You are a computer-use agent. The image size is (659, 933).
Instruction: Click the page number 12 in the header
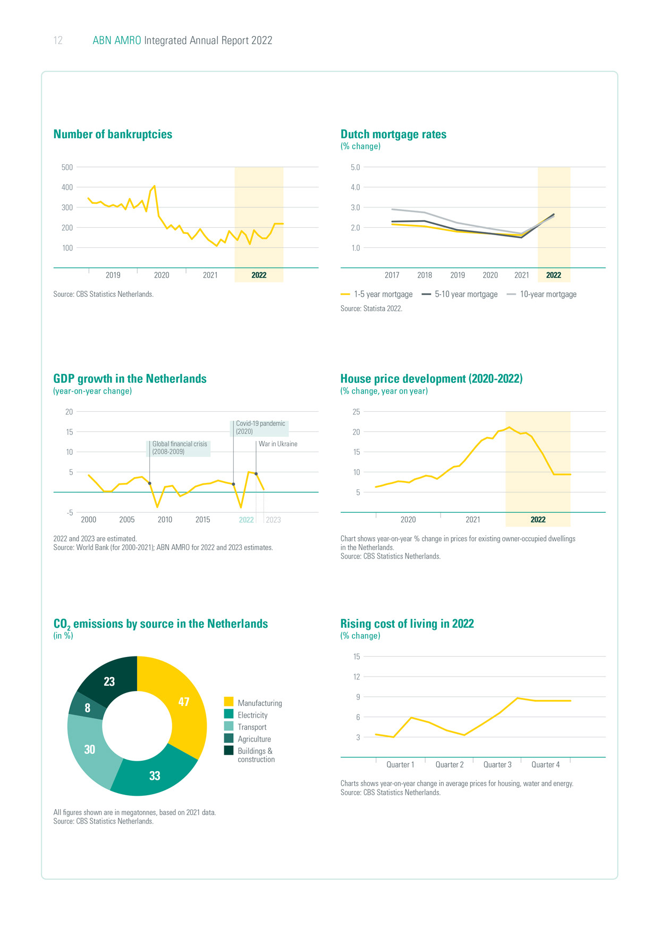click(x=58, y=40)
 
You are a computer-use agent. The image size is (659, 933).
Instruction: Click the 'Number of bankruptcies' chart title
click(x=113, y=135)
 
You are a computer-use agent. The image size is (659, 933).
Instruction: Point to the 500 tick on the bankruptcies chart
click(x=67, y=167)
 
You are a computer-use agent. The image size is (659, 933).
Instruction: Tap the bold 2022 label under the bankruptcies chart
click(x=259, y=275)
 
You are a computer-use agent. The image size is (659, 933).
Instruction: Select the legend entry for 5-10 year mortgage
click(x=460, y=294)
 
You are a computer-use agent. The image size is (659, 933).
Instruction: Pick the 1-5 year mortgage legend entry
click(x=377, y=294)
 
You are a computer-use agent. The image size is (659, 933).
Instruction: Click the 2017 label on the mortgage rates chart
click(x=392, y=275)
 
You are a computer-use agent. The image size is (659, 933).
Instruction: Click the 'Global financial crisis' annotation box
click(x=179, y=448)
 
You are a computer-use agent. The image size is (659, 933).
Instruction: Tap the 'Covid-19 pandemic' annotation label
click(x=260, y=428)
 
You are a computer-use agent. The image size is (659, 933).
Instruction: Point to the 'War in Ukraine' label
click(x=278, y=444)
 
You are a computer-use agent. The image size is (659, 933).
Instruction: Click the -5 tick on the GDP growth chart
click(x=70, y=513)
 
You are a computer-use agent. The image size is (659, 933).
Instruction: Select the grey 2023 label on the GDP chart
click(x=273, y=520)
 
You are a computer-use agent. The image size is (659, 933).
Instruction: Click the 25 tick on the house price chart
click(x=356, y=412)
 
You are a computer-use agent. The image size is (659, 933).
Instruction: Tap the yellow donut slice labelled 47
click(x=183, y=702)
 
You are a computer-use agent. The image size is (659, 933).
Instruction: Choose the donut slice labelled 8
click(x=87, y=708)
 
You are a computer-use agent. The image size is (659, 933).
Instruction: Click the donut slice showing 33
click(x=155, y=776)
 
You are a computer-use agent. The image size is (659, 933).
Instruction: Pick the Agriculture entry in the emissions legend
click(x=254, y=739)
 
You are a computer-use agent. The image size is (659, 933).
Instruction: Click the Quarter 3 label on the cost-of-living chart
click(x=497, y=764)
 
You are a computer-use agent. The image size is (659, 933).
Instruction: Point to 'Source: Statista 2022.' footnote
click(x=371, y=309)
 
